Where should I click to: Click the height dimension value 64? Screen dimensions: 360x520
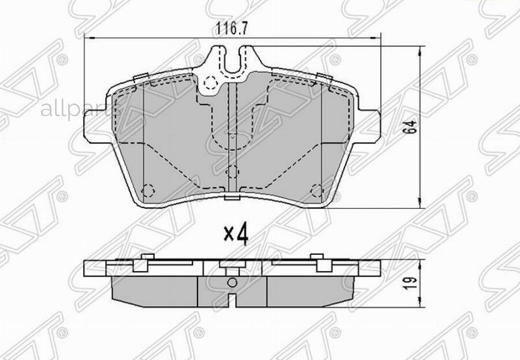pyautogui.click(x=411, y=128)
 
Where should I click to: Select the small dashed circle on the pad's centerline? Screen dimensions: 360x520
pyautogui.click(x=232, y=172)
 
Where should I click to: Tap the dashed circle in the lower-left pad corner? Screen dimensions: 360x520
pyautogui.click(x=148, y=190)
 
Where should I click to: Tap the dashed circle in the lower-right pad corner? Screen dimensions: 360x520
pyautogui.click(x=316, y=190)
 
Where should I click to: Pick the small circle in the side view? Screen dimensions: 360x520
pyautogui.click(x=232, y=283)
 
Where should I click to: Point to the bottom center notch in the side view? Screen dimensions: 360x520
pyautogui.click(x=232, y=300)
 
